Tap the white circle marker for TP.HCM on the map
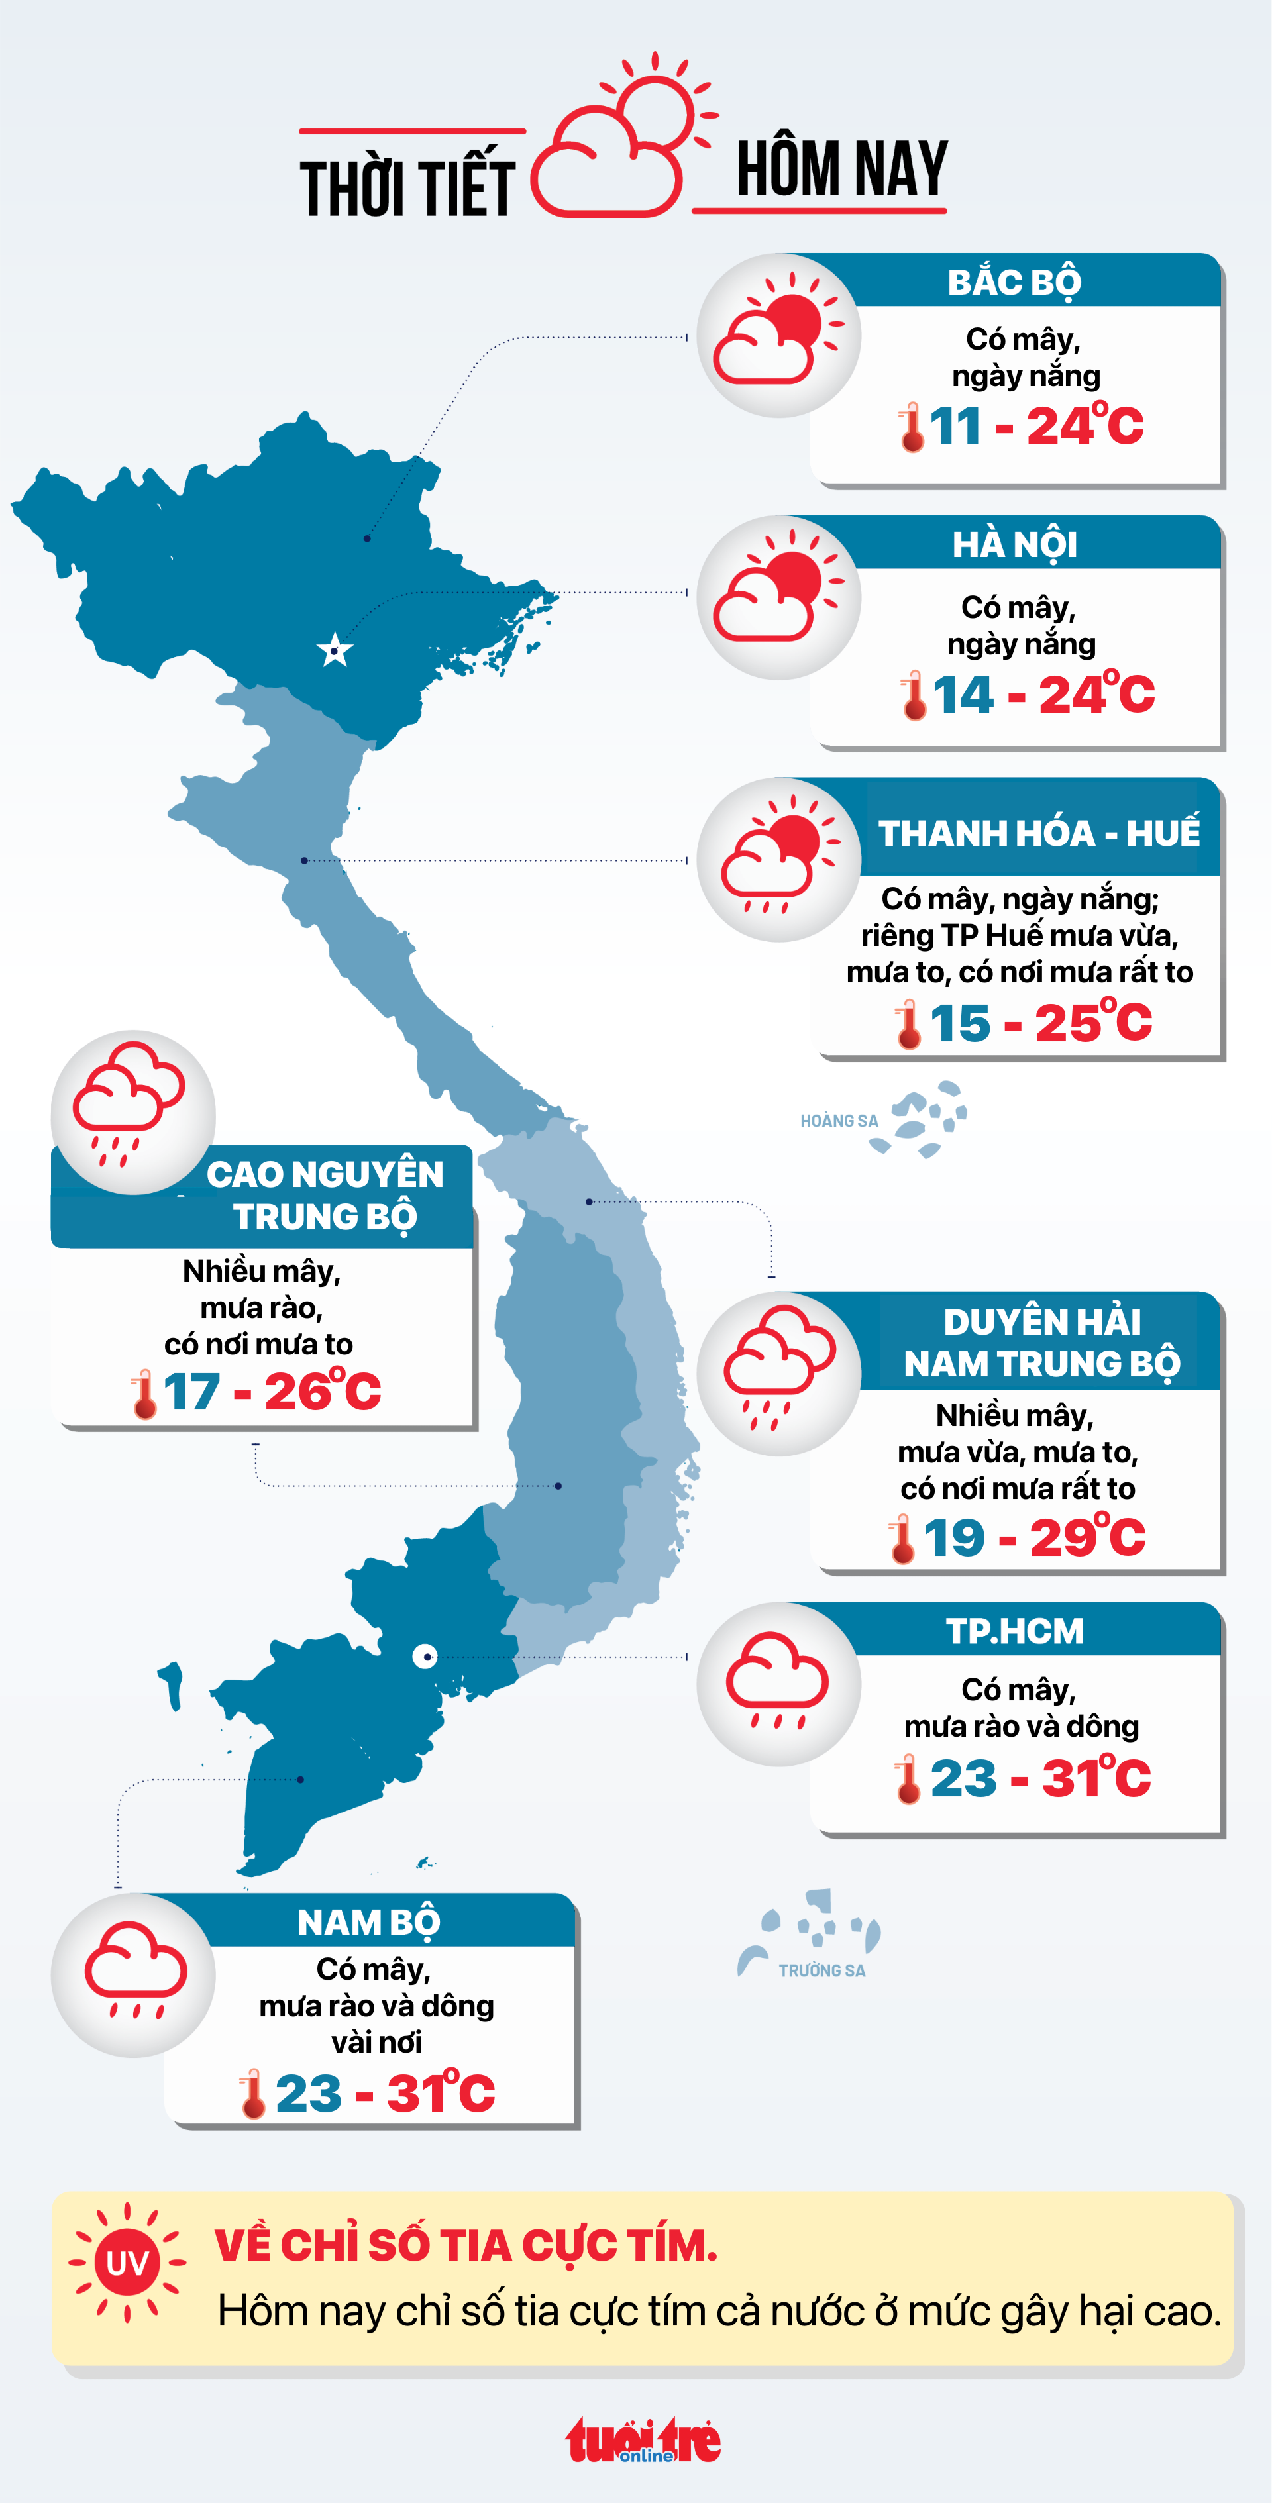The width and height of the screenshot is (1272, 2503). [x=425, y=1657]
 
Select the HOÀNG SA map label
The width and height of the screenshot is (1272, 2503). [x=839, y=1121]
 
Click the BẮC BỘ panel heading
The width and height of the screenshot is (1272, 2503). [x=1014, y=281]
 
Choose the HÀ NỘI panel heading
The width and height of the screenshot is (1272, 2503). [x=1014, y=544]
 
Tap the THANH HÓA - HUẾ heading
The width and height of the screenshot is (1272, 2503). [x=1039, y=833]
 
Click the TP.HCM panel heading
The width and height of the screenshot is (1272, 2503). [x=1014, y=1631]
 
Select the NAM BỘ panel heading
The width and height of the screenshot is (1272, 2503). [x=369, y=1923]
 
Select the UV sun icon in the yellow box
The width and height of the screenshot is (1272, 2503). [x=127, y=2263]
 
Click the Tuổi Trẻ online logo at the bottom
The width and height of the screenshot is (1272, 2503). [x=643, y=2441]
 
